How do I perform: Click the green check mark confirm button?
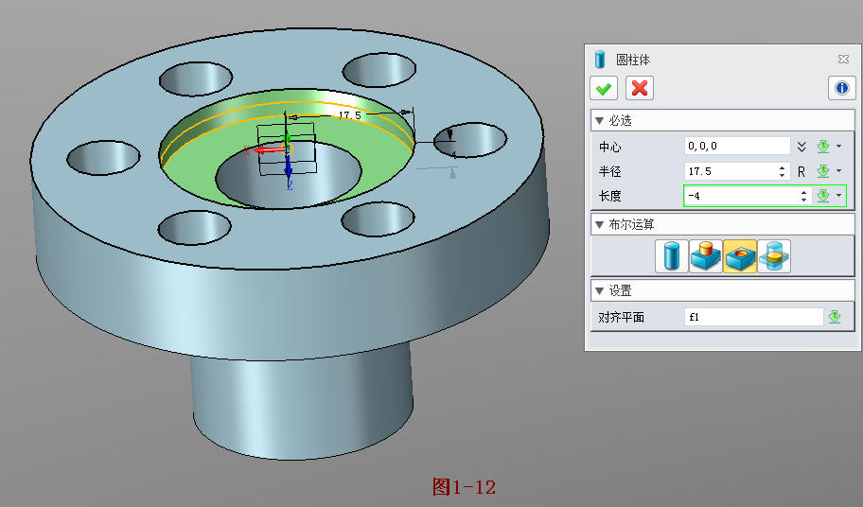603,88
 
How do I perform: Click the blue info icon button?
841,88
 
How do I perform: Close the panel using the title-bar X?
843,59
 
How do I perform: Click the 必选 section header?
620,120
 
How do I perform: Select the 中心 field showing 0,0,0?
736,146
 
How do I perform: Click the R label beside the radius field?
801,171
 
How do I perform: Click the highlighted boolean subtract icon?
739,256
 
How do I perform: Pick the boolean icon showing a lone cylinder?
671,256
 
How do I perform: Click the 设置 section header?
620,290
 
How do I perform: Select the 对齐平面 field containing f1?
753,317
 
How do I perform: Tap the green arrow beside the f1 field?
834,317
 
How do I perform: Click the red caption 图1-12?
464,487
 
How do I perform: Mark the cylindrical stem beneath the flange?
303,397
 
